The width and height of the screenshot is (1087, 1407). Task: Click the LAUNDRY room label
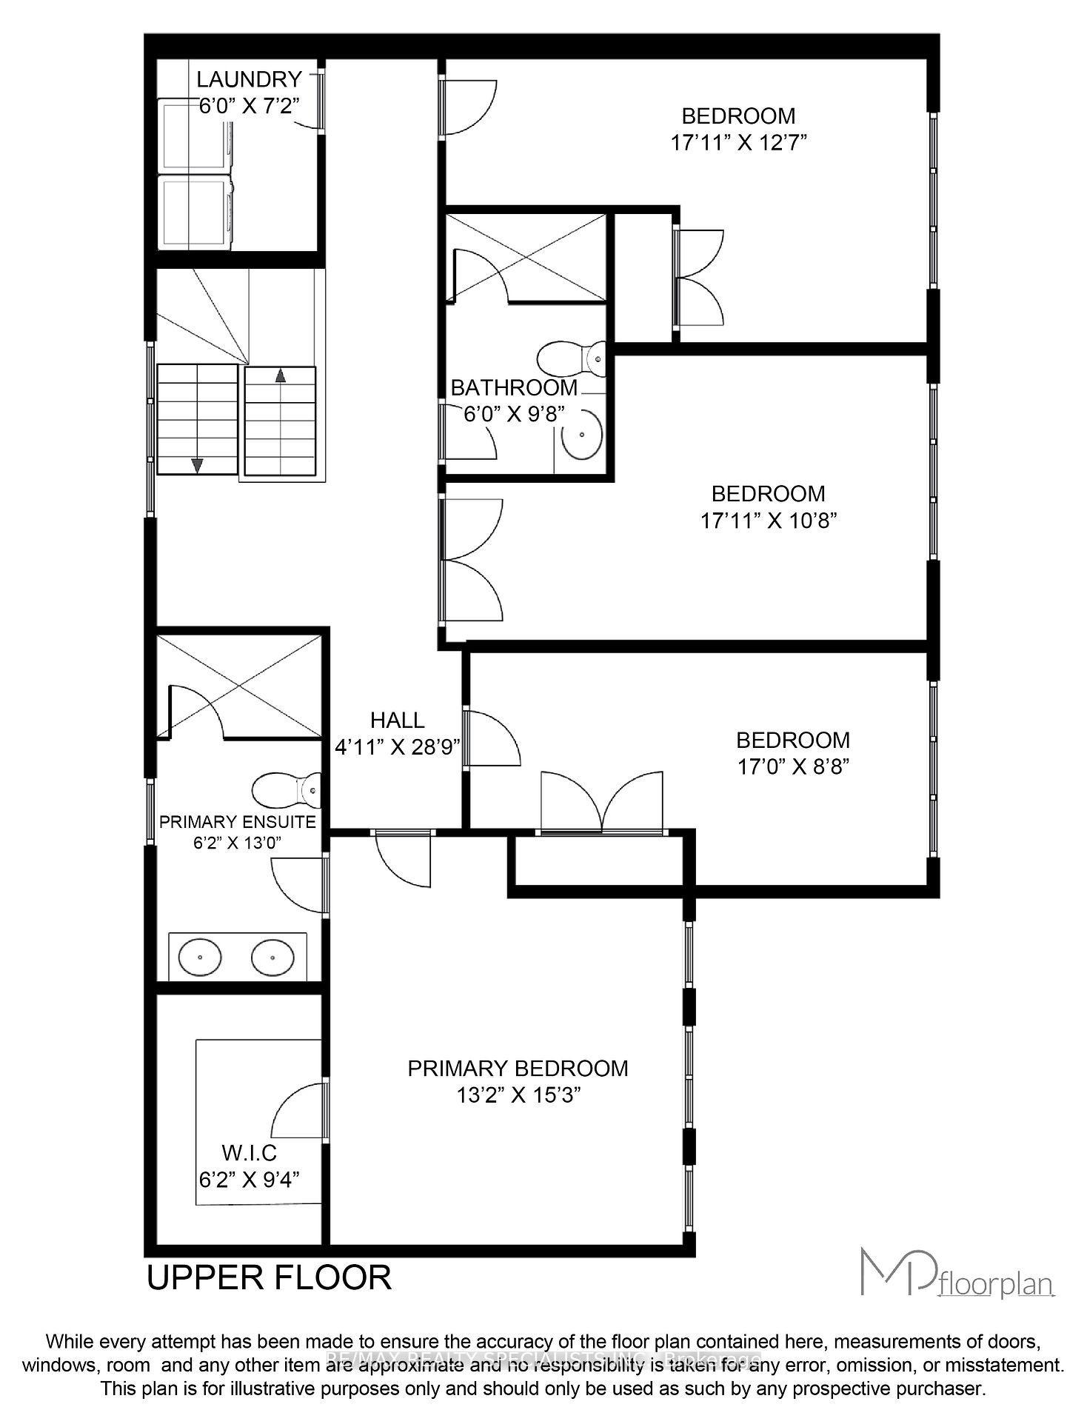pyautogui.click(x=249, y=79)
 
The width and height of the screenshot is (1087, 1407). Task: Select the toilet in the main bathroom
pyautogui.click(x=571, y=359)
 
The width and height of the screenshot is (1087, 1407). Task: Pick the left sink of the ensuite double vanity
pyautogui.click(x=200, y=958)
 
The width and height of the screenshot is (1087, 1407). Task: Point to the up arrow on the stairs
pyautogui.click(x=280, y=375)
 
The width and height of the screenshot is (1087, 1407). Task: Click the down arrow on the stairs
pyautogui.click(x=197, y=464)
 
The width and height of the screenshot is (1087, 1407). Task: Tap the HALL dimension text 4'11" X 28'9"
pyautogui.click(x=398, y=747)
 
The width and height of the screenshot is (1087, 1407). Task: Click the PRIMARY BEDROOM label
pyautogui.click(x=518, y=1068)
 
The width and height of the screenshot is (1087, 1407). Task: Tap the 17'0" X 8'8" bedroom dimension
pyautogui.click(x=792, y=766)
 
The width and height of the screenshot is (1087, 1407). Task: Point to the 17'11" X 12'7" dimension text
pyautogui.click(x=738, y=142)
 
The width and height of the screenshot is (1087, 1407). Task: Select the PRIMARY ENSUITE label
pyautogui.click(x=238, y=821)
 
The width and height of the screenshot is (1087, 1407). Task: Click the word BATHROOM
pyautogui.click(x=514, y=387)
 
